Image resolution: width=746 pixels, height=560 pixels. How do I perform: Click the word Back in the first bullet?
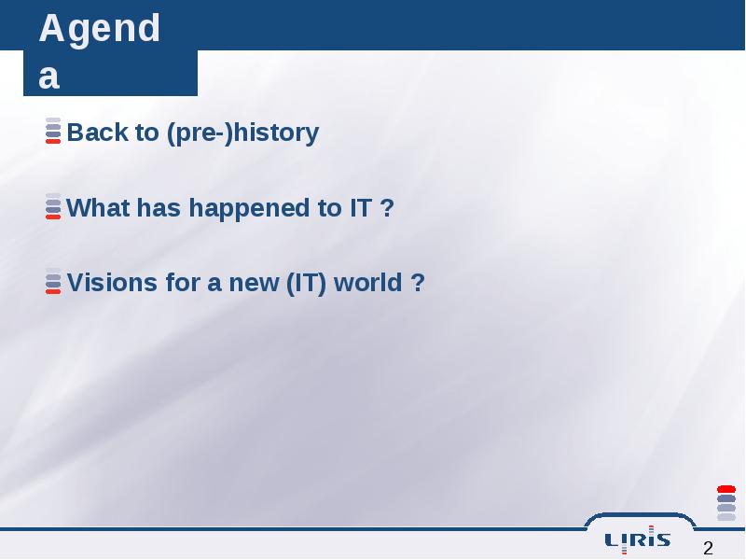(97, 132)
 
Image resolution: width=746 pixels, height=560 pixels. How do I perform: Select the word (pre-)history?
(242, 133)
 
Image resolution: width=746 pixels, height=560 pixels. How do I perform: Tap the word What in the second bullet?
(98, 207)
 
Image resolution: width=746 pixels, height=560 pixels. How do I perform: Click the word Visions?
(112, 283)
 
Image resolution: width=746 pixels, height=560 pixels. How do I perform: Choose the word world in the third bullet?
(367, 283)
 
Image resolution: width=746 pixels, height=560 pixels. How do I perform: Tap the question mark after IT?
(387, 207)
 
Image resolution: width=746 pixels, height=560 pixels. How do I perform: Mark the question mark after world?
(417, 283)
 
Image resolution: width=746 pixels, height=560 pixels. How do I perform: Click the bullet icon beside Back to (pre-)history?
(53, 131)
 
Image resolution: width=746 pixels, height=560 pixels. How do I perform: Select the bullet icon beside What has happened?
(53, 206)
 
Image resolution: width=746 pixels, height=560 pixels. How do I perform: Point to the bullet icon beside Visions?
(53, 281)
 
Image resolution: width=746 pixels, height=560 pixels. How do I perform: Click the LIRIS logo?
(638, 540)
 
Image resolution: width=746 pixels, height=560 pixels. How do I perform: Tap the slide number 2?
(708, 548)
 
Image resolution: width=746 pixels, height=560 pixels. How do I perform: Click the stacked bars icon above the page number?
(726, 503)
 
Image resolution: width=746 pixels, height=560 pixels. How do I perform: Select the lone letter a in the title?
(49, 77)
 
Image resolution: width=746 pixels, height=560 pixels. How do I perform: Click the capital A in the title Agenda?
(52, 28)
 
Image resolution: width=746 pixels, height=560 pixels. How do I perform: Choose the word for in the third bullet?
(183, 283)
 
